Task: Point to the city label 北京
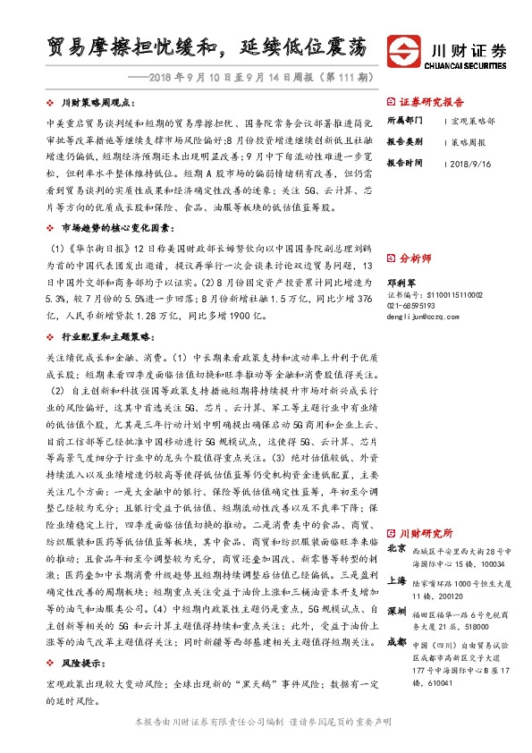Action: point(397,548)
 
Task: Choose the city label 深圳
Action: point(397,611)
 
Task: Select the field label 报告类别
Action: point(403,142)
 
